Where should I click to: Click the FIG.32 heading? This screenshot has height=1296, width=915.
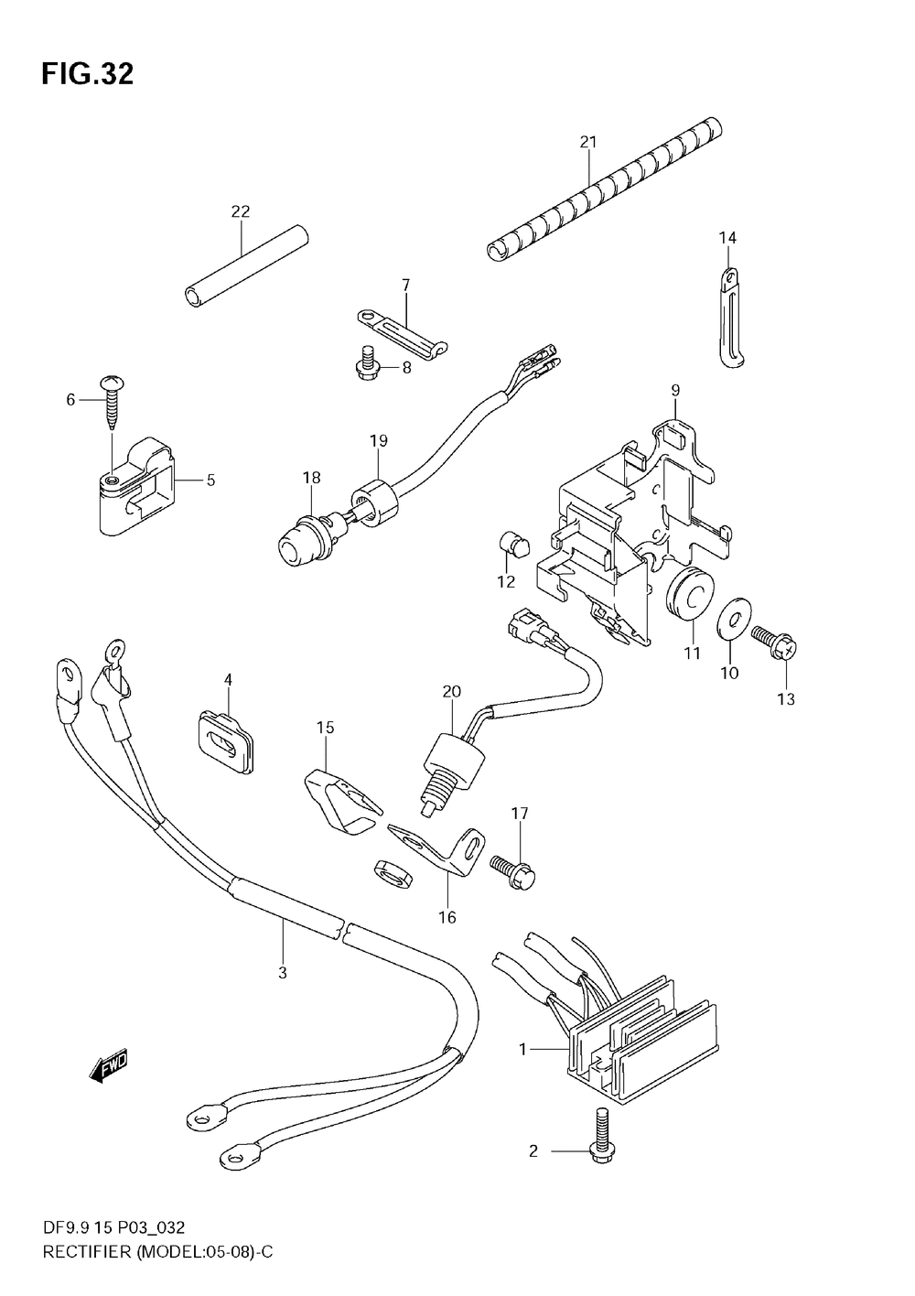(87, 75)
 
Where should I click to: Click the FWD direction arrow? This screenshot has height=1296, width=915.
(108, 1066)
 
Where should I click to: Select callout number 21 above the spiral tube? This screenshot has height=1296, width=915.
(588, 142)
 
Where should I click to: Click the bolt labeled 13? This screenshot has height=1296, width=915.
(776, 643)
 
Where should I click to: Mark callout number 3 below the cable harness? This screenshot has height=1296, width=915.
(283, 972)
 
